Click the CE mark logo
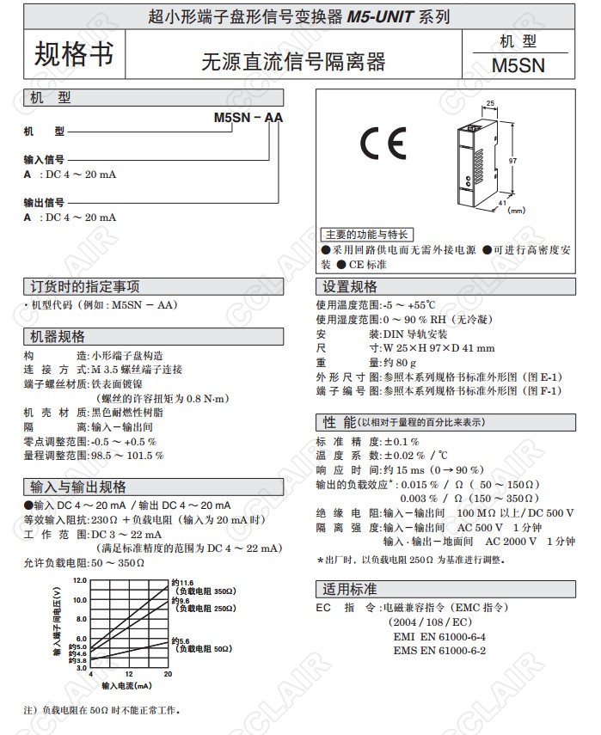click(x=382, y=146)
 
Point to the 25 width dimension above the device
click(x=490, y=103)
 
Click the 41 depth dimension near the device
click(x=502, y=202)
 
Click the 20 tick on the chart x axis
click(x=168, y=674)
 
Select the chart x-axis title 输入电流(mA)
click(x=126, y=686)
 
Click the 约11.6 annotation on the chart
click(x=182, y=584)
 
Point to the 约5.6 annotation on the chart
click(x=182, y=640)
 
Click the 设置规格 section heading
click(x=350, y=287)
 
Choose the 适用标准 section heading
click(x=350, y=590)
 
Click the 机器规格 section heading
click(x=58, y=337)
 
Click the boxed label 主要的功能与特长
click(x=366, y=235)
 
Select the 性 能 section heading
click(x=340, y=422)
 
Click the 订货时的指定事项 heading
click(x=85, y=287)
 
